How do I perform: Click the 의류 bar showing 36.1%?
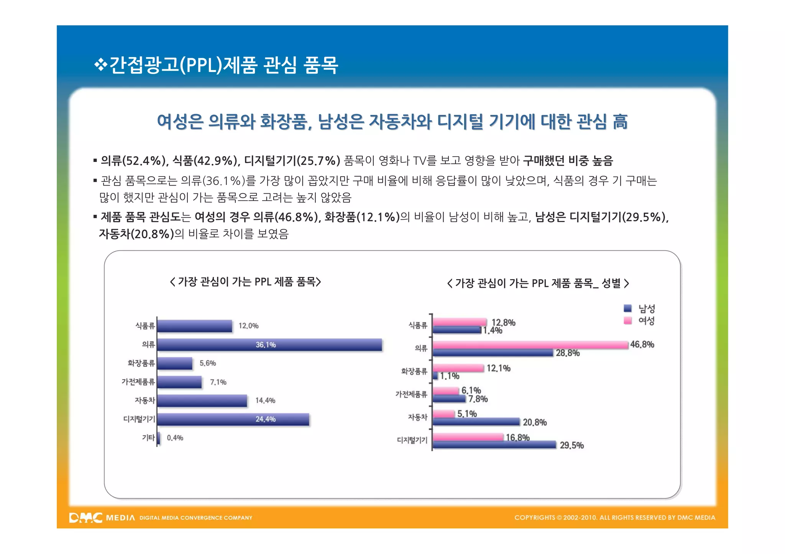[x=269, y=345]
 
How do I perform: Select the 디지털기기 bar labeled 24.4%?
[x=233, y=419]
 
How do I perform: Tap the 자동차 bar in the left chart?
[x=202, y=400]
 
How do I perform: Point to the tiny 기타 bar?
[x=159, y=438]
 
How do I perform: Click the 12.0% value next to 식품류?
[x=248, y=326]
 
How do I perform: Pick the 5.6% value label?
[x=208, y=363]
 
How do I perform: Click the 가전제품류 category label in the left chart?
[x=138, y=382]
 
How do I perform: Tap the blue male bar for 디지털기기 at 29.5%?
[x=494, y=445]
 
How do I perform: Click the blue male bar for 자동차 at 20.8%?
[x=476, y=422]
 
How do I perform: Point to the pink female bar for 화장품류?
[x=458, y=368]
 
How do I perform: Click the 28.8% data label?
[x=568, y=353]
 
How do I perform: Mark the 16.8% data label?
[x=517, y=437]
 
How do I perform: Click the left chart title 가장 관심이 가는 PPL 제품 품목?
[x=245, y=282]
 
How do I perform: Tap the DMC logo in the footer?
[x=86, y=518]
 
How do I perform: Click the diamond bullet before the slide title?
[x=100, y=64]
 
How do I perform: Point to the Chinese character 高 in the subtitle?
[x=620, y=122]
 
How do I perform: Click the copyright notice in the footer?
[x=614, y=518]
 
